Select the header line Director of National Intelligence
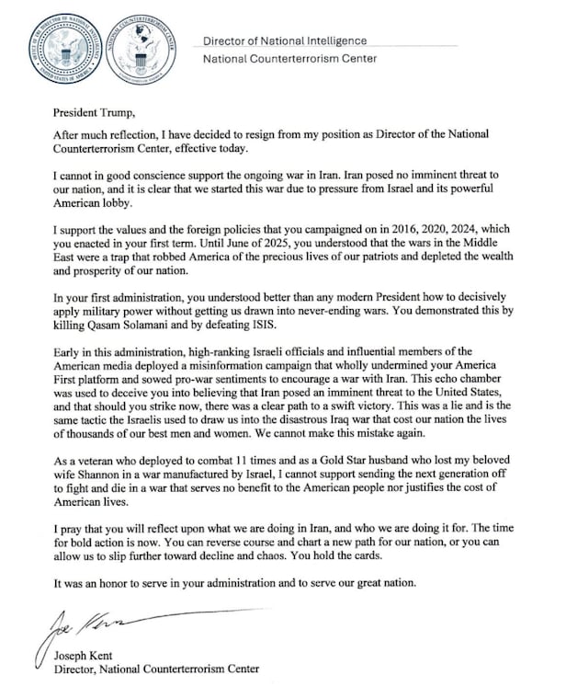[285, 40]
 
